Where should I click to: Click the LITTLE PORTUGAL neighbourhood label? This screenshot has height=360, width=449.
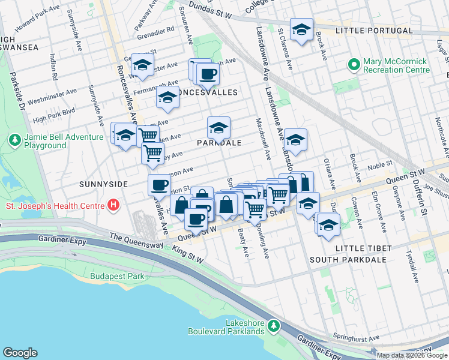point(374,31)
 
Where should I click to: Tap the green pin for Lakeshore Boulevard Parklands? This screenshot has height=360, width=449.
point(274,326)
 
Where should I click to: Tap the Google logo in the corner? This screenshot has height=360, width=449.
point(20,353)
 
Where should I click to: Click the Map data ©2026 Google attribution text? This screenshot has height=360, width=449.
point(412,355)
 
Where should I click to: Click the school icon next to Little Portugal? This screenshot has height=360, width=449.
point(301,29)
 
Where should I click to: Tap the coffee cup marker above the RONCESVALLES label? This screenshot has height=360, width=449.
point(208,74)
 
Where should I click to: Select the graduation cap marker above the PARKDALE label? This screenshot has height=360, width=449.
point(218,127)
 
